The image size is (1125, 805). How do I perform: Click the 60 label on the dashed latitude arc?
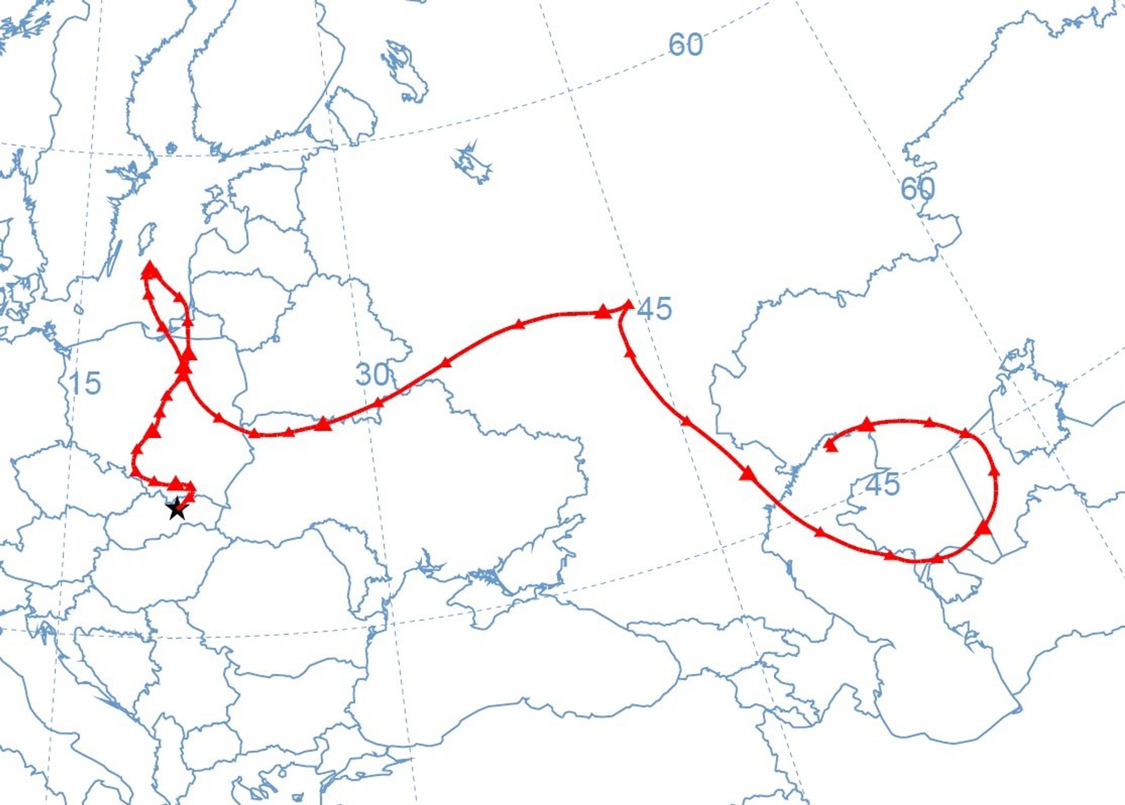pyautogui.click(x=686, y=44)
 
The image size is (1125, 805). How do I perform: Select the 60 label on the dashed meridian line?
pyautogui.click(x=917, y=188)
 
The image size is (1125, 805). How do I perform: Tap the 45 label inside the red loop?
pyautogui.click(x=882, y=484)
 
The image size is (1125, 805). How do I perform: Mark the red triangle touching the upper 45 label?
pyautogui.click(x=627, y=304)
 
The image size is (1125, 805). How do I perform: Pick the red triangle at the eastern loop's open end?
pyautogui.click(x=831, y=446)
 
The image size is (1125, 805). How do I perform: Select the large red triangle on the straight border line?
pyautogui.click(x=984, y=528)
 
